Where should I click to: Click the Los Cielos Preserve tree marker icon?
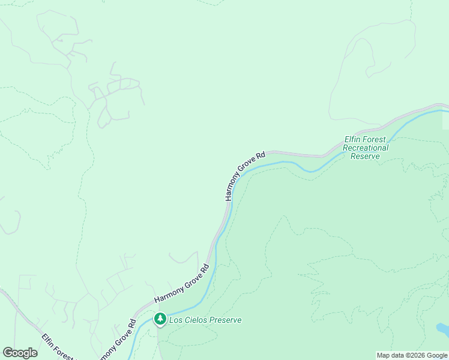[x=160, y=319]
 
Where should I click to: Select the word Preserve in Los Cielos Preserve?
[x=224, y=320]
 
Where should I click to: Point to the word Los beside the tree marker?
[x=175, y=320]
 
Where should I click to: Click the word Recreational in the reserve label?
[x=366, y=148]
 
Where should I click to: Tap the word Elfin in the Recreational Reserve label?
[x=352, y=139]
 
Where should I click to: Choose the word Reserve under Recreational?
[x=366, y=156]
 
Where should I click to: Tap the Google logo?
[x=20, y=353]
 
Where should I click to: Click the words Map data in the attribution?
[x=391, y=355]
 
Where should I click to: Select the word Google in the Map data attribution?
[x=437, y=355]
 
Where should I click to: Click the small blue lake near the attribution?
[x=442, y=329]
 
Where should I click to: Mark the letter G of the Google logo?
[x=8, y=353]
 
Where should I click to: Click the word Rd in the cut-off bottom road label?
[x=131, y=327]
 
